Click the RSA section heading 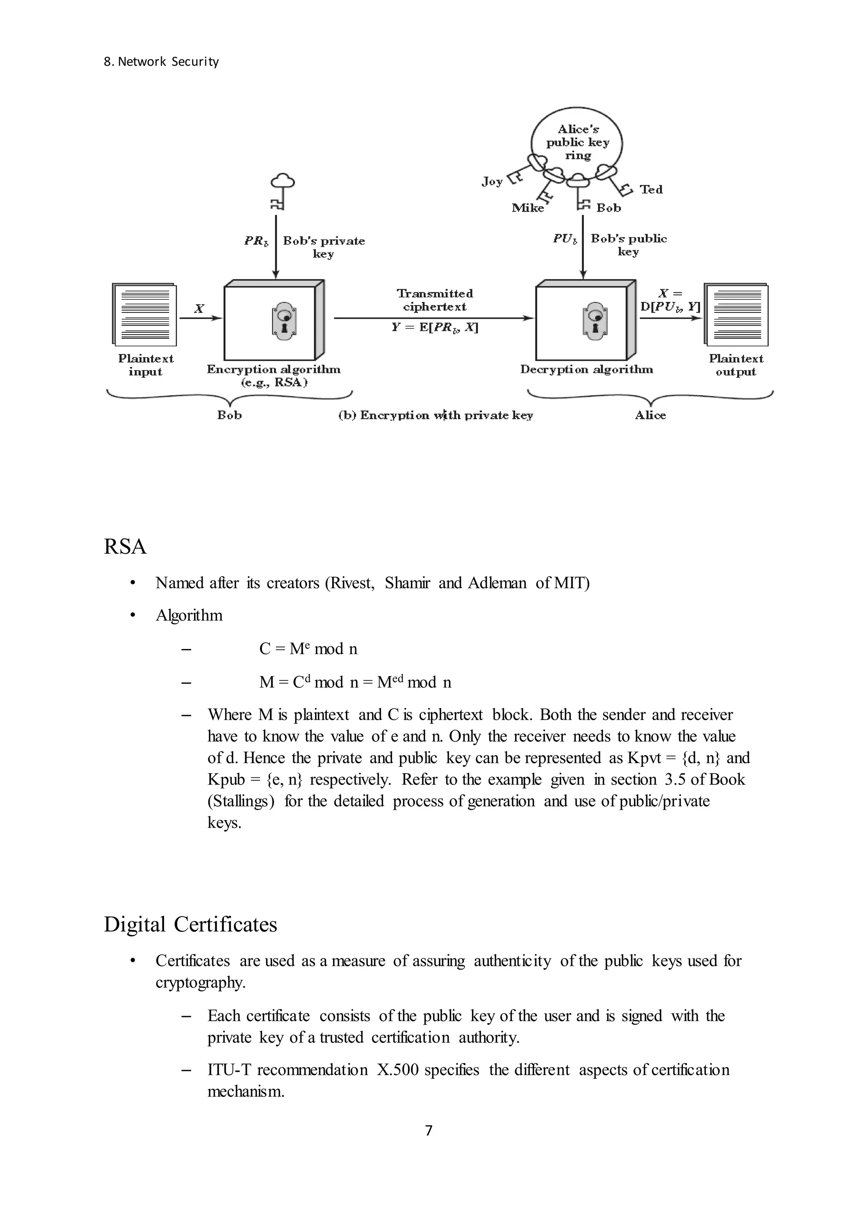coord(125,547)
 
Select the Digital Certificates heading coord(190,925)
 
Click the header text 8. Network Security coord(161,62)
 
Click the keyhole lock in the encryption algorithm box coord(285,319)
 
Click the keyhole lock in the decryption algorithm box coord(595,319)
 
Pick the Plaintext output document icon coord(736,314)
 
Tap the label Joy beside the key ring coord(492,182)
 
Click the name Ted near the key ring coord(651,189)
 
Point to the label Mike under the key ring coord(528,208)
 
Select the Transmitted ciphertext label coord(435,300)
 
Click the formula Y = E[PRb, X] coord(435,327)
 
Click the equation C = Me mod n coord(308,649)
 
